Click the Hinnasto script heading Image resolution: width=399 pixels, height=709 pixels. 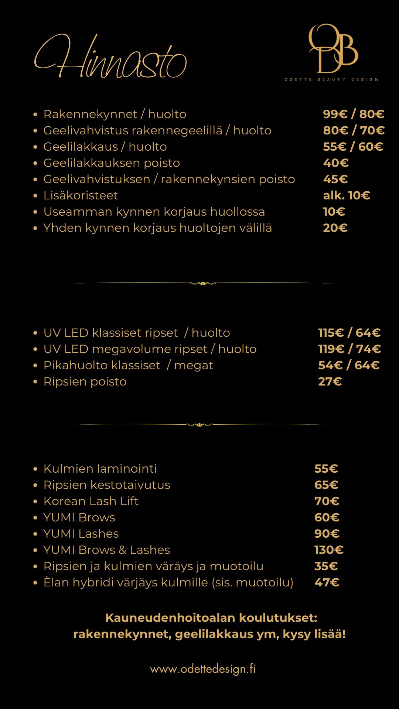[111, 57]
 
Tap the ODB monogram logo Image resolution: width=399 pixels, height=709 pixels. [333, 49]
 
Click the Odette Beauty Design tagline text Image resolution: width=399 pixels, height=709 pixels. [331, 79]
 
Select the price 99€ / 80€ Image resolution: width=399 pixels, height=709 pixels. [353, 114]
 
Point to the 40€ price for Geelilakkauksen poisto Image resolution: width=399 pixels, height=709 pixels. [335, 163]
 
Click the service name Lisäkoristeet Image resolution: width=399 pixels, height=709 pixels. [81, 195]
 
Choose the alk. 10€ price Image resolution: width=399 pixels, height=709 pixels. [346, 195]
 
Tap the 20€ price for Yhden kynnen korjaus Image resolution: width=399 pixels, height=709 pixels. [335, 228]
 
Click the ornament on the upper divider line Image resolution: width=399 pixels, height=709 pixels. [203, 283]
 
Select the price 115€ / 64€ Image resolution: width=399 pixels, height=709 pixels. [349, 333]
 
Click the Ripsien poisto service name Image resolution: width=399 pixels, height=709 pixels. [85, 381]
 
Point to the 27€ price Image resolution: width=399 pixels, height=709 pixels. [330, 381]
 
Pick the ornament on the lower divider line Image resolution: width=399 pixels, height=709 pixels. [199, 425]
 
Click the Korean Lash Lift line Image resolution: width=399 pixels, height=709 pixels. [91, 501]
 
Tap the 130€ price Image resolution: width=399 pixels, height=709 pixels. [329, 550]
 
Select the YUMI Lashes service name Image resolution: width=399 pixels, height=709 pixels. [81, 534]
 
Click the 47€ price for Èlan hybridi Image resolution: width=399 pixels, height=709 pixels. [327, 582]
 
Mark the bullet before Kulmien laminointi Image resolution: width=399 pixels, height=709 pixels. [35, 469]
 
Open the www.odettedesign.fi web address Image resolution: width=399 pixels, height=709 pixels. [203, 669]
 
